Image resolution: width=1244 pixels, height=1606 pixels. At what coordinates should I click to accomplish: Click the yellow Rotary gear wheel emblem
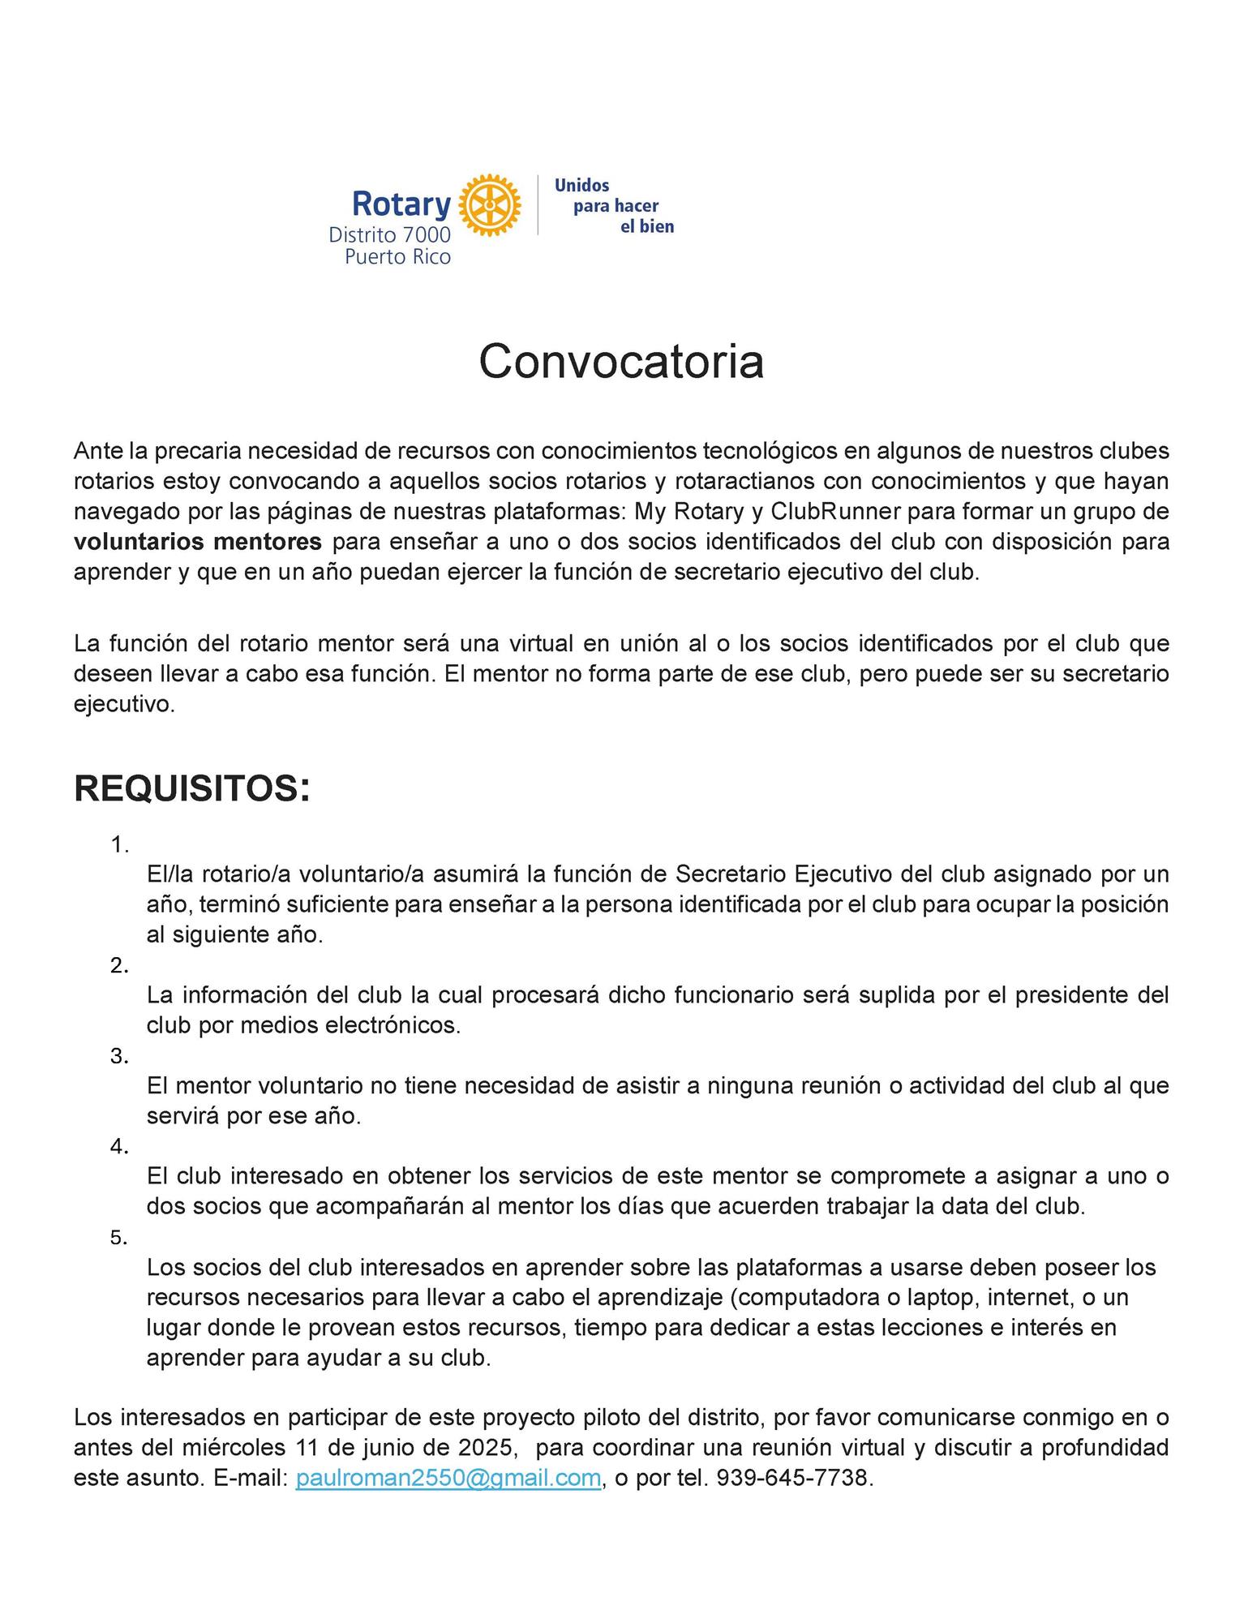coord(490,204)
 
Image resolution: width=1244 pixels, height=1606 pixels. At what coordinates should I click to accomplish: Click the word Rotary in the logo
coord(401,204)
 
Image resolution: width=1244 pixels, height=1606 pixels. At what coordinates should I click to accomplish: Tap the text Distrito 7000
coord(389,235)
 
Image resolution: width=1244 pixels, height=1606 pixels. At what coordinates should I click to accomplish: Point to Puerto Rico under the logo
coord(397,257)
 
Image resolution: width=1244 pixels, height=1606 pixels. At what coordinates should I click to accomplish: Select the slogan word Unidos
coord(581,186)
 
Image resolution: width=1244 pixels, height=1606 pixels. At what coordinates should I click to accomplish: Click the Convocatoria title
coord(621,362)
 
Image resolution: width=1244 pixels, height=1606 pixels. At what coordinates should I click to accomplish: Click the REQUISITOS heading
coord(191,788)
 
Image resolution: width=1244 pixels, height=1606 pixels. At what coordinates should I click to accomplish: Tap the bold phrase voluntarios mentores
coord(198,541)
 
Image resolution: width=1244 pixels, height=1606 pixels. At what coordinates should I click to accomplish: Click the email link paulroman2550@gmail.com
coord(448,1478)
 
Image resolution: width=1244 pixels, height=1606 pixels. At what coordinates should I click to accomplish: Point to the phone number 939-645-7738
coord(792,1478)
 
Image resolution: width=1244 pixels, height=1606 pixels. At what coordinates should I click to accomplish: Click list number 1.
coord(119,845)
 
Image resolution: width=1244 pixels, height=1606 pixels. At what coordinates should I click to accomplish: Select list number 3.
coord(119,1056)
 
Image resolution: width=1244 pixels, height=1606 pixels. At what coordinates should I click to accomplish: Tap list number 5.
coord(119,1238)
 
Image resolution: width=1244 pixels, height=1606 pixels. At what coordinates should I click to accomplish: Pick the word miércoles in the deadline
coord(234,1448)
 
